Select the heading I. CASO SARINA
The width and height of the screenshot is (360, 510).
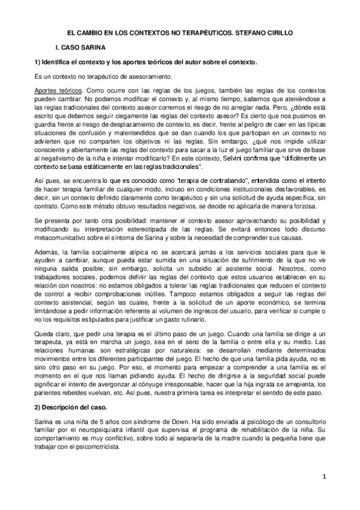tap(81, 47)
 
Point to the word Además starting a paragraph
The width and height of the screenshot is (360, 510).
tap(46, 227)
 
